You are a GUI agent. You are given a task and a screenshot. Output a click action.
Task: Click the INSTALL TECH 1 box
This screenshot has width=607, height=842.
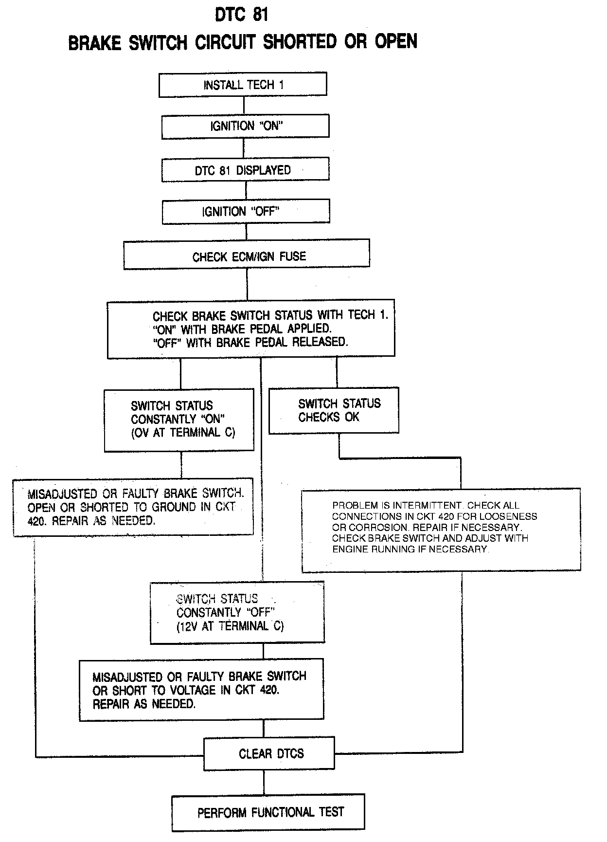(243, 84)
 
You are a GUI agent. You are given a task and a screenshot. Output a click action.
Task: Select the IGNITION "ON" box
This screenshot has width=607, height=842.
(245, 126)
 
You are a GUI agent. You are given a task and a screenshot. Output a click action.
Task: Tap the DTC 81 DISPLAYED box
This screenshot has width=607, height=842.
(245, 170)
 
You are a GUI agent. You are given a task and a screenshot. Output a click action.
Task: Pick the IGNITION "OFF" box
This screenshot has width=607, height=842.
(246, 212)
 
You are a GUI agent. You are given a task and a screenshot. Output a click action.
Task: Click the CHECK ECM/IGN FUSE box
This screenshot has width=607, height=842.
(247, 256)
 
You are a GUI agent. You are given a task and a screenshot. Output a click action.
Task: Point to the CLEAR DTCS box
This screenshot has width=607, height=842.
(269, 754)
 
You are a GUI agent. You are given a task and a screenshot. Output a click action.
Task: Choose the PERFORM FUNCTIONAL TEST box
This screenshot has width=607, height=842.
(268, 812)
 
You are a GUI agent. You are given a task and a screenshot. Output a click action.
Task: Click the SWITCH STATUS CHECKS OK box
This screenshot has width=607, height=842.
(334, 410)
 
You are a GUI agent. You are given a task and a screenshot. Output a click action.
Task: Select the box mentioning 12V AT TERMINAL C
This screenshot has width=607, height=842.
(237, 612)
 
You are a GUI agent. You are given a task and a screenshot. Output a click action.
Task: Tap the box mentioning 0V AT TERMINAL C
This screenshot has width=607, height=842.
(179, 420)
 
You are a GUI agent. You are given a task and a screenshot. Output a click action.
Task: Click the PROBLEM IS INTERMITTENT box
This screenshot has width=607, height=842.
(441, 530)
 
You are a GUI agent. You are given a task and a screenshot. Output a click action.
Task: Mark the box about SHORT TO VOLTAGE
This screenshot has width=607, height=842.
(201, 690)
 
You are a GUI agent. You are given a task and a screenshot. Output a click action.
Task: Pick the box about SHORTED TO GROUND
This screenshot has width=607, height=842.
(133, 507)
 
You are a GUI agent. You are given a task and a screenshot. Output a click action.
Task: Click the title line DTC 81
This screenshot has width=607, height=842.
(242, 15)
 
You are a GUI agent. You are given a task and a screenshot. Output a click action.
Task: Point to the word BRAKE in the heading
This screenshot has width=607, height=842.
(94, 43)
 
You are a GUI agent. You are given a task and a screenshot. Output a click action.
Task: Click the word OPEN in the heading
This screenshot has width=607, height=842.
(396, 42)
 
